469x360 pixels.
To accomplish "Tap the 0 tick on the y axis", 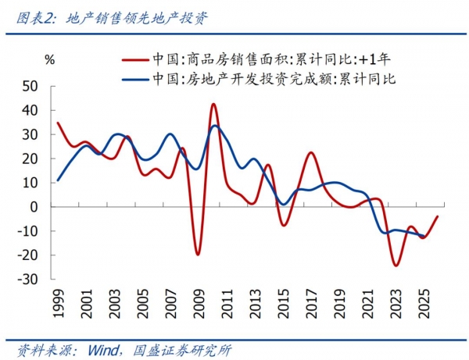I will (35, 207).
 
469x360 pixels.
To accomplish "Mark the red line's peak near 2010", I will (213, 104).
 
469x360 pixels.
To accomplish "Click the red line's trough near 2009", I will (198, 255).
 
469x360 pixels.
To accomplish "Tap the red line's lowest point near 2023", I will (396, 266).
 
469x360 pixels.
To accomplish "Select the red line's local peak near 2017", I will (310, 153).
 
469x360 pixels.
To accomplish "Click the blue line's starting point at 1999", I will (58, 180).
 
